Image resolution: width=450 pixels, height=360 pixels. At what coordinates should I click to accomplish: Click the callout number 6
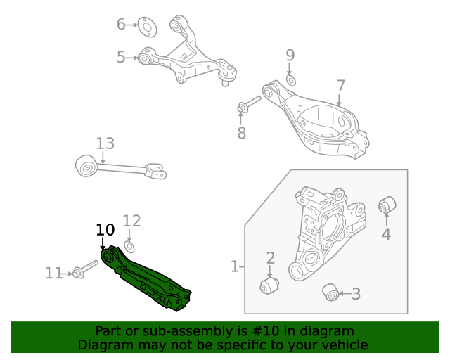click(121, 25)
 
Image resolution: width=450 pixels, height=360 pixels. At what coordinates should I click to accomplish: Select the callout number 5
click(121, 57)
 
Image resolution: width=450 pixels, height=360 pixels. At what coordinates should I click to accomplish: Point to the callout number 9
click(290, 55)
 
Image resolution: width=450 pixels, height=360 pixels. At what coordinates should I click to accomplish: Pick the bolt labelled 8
click(248, 104)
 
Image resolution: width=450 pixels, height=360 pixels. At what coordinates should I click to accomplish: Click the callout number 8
click(241, 132)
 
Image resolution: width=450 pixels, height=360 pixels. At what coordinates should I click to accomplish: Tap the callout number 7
click(340, 86)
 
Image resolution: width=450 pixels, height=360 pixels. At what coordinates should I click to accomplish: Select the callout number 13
click(105, 144)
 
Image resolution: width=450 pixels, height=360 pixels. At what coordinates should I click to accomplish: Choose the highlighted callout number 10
click(105, 229)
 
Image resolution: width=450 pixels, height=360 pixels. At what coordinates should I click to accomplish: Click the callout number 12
click(132, 221)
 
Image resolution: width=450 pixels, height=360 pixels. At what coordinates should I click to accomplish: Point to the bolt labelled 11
click(84, 271)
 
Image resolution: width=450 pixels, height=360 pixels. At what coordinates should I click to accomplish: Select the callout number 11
click(53, 273)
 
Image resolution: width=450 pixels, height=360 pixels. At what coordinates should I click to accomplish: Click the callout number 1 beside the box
click(234, 266)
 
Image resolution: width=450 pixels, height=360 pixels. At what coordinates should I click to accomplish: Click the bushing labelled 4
click(387, 205)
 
